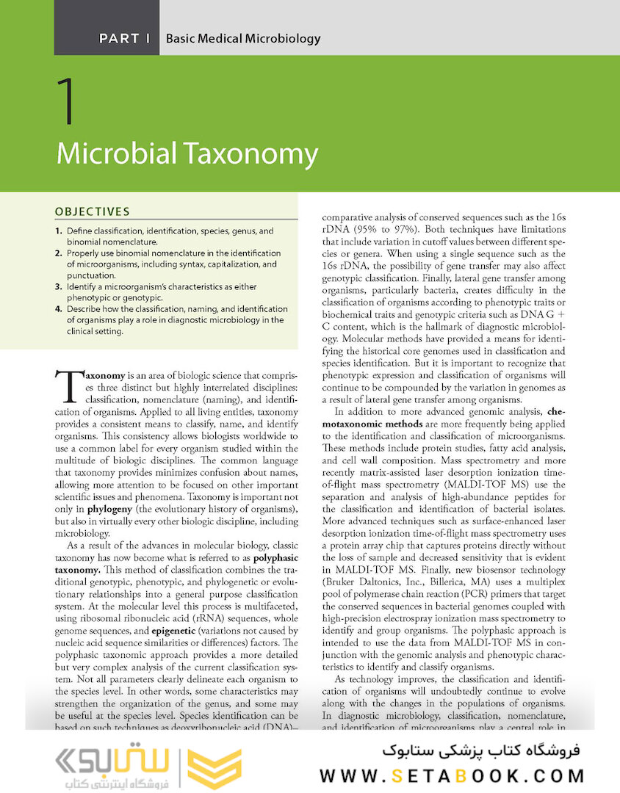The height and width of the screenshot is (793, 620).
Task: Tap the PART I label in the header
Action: point(124,38)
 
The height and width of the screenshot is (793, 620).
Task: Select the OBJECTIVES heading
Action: point(92,211)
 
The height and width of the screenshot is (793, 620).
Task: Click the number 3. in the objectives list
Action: point(58,286)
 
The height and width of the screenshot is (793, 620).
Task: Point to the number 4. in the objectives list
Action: point(58,309)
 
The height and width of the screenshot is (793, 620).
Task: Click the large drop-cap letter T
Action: point(67,385)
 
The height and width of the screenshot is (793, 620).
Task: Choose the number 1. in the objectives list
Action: point(58,231)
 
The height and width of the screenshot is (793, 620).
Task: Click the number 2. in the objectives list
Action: point(58,253)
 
